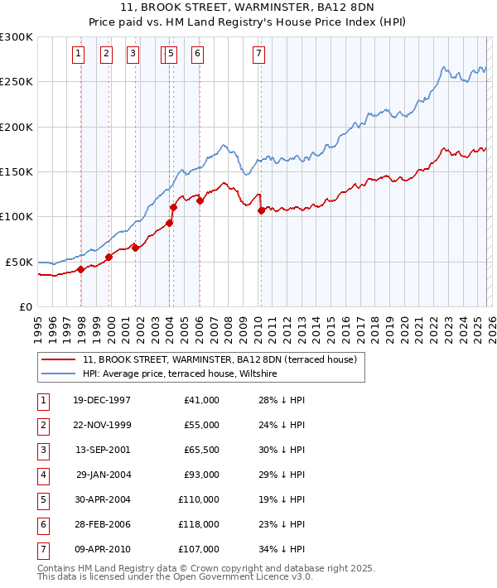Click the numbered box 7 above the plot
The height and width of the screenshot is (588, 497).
(x=259, y=54)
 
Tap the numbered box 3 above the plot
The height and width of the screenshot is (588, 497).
(x=133, y=54)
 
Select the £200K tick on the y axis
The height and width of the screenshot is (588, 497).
(x=17, y=127)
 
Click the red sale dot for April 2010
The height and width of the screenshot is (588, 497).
(x=261, y=210)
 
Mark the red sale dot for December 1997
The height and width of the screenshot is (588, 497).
(x=81, y=269)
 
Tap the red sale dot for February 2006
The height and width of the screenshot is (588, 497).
(x=200, y=200)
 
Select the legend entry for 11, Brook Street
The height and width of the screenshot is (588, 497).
(x=220, y=360)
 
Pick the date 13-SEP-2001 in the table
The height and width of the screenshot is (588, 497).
(x=102, y=449)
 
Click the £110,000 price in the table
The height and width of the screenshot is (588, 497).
(x=199, y=499)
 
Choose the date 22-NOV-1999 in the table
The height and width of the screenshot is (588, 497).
(x=102, y=424)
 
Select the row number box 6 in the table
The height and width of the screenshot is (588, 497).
(x=42, y=523)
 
